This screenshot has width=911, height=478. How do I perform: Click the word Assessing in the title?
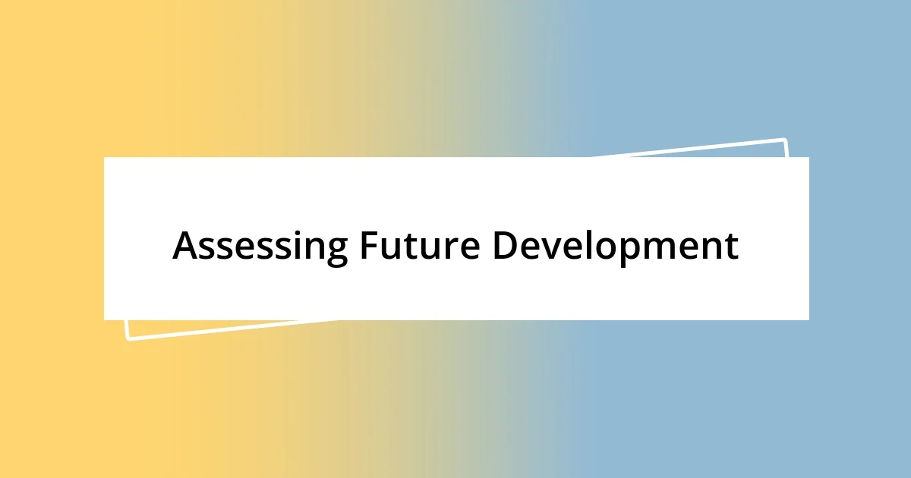pos(260,246)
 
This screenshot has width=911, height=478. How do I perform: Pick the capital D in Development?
pos(504,245)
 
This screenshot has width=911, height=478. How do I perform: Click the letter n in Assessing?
pos(314,249)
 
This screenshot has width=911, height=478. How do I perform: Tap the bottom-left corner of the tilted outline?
pos(128,338)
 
